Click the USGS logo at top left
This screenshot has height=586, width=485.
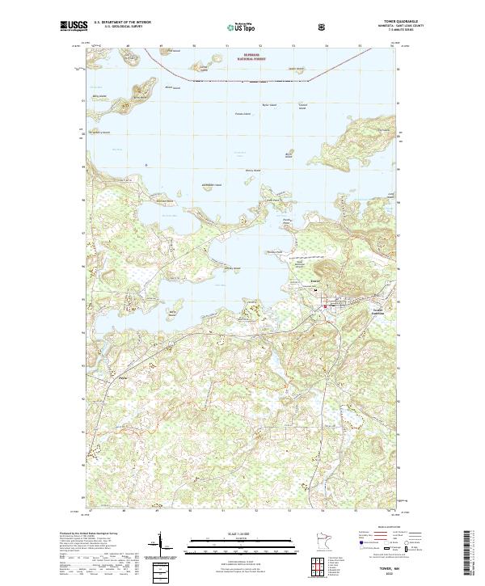pos(74,27)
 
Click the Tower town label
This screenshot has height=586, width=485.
pos(315,281)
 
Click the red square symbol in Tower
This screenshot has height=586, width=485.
pos(326,306)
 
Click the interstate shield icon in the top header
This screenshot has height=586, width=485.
pos(323,27)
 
